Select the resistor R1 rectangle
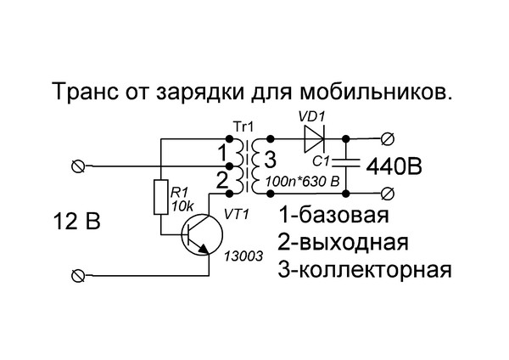[159, 198]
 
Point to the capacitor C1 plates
[346, 160]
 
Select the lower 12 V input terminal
[81, 274]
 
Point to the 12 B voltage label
[76, 222]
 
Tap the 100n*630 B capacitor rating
[302, 181]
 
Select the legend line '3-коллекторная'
[362, 270]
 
